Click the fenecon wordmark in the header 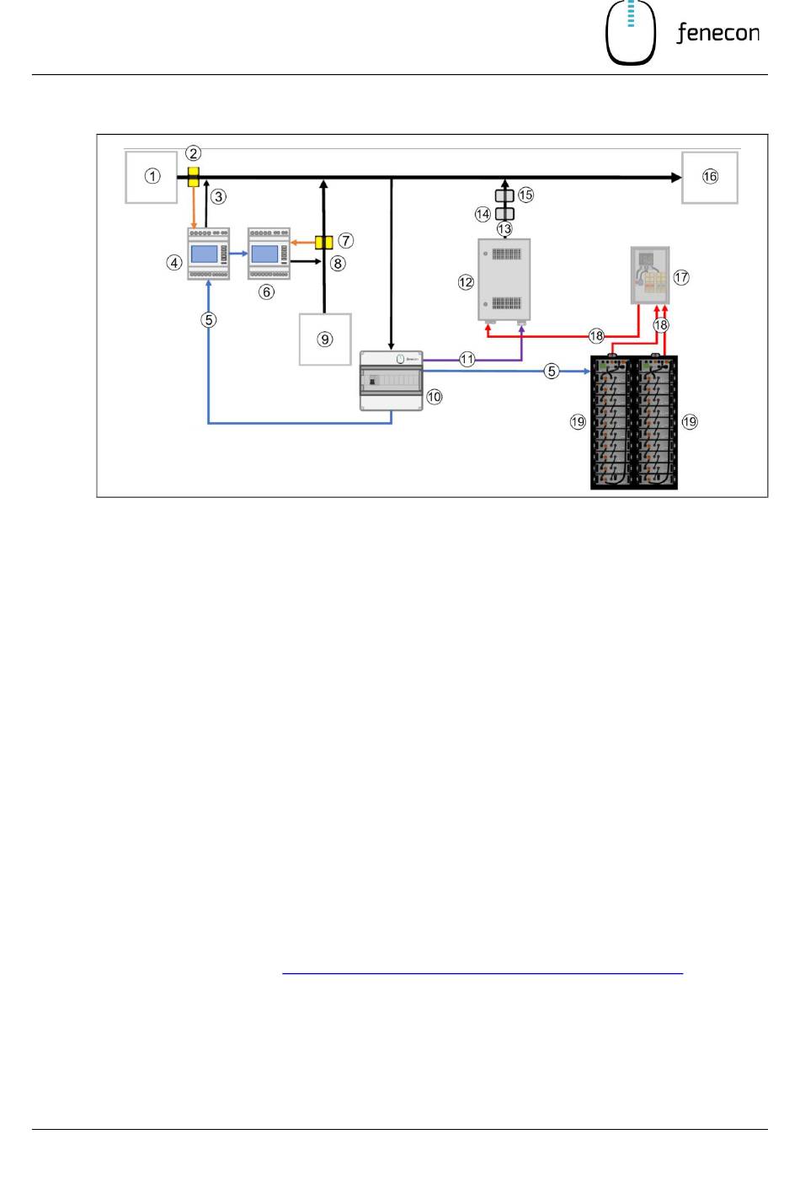pos(717,33)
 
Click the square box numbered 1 pos(152,177)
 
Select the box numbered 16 pos(710,178)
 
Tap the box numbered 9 pos(325,340)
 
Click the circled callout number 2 pos(194,153)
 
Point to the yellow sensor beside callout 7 pos(323,243)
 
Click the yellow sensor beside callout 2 pos(194,177)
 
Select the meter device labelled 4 pos(209,254)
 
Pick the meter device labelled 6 pos(269,254)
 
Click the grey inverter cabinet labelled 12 pos(504,281)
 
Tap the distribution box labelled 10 pos(392,381)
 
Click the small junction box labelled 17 pos(650,276)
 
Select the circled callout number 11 pos(467,360)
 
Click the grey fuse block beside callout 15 pos(504,196)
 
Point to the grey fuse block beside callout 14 pos(504,214)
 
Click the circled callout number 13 pos(504,229)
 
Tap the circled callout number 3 pos(218,197)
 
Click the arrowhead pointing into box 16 pos(676,178)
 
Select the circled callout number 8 pos(338,263)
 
